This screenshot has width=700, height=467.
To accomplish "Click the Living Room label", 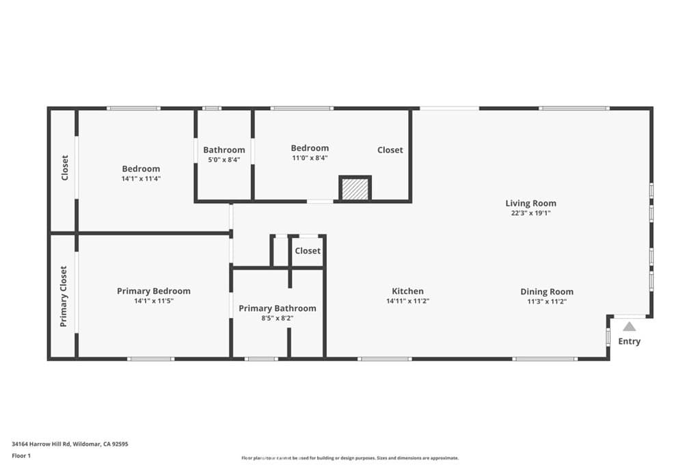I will coord(530,203).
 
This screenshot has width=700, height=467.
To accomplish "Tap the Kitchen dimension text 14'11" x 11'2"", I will coord(407,301).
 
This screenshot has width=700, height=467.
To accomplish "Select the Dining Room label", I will coord(547,291).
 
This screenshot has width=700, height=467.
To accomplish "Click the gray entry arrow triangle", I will coord(629,327).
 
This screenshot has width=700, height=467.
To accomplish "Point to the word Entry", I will coord(629,341).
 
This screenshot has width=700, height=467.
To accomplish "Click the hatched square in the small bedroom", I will coord(355,189).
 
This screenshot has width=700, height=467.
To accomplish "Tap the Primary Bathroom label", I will coord(277,308).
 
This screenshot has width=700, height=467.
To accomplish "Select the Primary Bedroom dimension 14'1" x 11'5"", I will coord(153,301).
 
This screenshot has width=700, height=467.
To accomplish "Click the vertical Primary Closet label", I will coord(64,296).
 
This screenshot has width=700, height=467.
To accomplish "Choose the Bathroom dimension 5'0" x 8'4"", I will coord(224,160).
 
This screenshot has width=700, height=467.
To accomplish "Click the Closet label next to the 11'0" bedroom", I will coord(390,150).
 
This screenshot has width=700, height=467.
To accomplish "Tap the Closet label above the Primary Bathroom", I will coord(307,251).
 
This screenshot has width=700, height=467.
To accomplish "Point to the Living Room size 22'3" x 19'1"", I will coord(530,213).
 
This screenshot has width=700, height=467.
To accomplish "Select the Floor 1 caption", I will coord(22,455).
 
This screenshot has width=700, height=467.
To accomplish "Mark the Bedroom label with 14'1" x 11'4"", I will coord(141,169).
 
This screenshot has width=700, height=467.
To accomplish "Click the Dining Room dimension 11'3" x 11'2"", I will coord(547,301).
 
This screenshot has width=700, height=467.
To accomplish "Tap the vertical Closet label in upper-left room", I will coord(64,168).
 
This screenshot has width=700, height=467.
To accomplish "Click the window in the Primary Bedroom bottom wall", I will coord(150,358).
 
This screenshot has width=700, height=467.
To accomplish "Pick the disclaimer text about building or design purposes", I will coord(349,458).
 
